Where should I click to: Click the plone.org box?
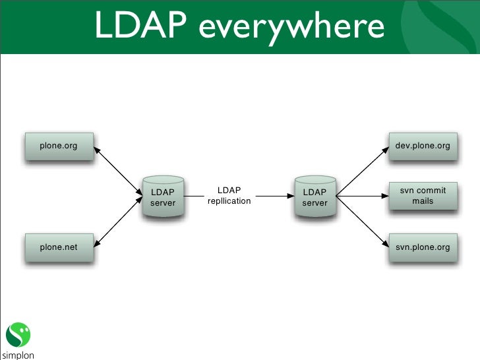coord(58,146)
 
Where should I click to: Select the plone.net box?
coord(58,247)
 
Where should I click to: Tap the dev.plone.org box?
coord(422,146)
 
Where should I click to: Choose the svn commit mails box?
coord(422,195)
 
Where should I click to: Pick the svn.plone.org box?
coord(422,247)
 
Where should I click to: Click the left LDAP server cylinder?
coord(163,196)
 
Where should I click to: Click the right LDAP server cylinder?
coord(315,196)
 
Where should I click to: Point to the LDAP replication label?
coord(229,196)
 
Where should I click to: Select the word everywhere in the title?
coord(291,28)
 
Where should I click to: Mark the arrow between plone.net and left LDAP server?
coord(118,222)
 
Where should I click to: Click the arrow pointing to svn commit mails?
coord(361,196)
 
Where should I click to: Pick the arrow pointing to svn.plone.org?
coord(361,222)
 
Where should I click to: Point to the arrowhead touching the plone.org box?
coord(96,149)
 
